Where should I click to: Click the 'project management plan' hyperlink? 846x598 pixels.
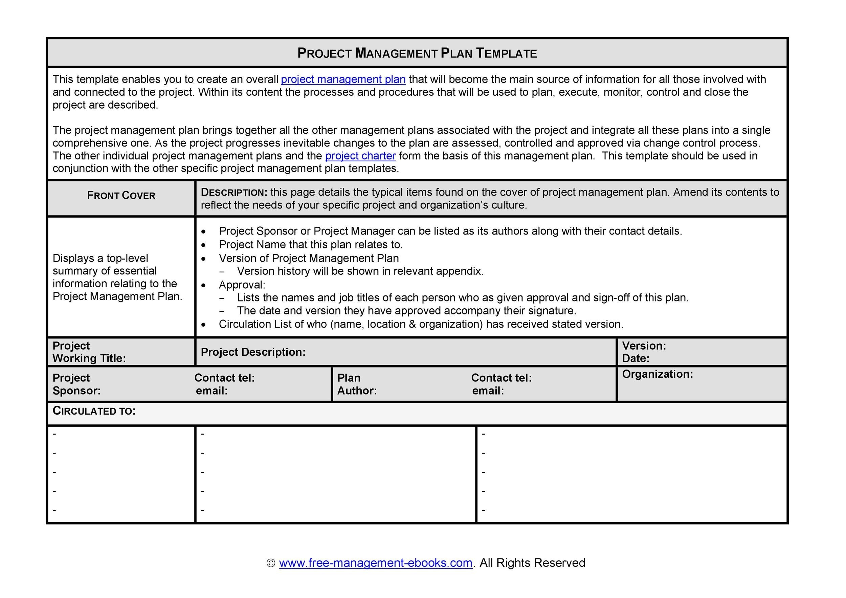click(343, 80)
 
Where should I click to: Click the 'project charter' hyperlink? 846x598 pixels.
click(360, 156)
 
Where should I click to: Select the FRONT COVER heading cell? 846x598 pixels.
click(121, 196)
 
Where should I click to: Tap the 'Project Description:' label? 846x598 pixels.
click(253, 352)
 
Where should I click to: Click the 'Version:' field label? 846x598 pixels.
click(644, 346)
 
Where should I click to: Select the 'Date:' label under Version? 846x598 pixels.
click(636, 358)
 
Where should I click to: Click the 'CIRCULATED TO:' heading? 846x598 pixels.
click(94, 411)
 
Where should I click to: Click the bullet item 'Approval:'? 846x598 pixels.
click(242, 285)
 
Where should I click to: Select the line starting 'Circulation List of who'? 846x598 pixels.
click(420, 324)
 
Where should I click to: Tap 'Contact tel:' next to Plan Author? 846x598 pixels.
click(501, 378)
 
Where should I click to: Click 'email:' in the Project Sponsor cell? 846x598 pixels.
click(211, 391)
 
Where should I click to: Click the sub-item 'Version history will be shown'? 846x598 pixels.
click(360, 271)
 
